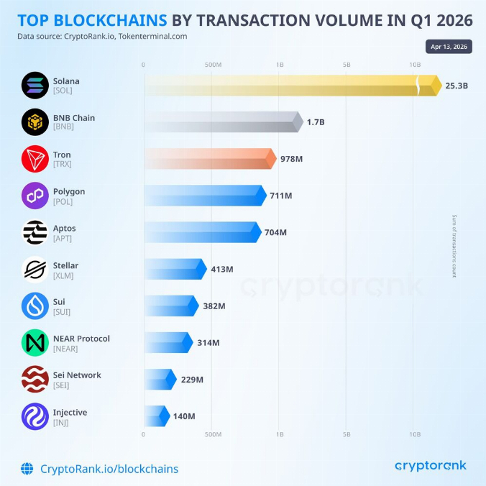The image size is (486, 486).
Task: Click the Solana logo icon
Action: tap(35, 86)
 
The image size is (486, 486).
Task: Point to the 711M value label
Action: tap(281, 196)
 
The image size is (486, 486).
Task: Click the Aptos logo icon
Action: tap(35, 233)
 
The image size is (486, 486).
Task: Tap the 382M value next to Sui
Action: tap(214, 306)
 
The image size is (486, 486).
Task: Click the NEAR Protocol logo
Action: tap(35, 343)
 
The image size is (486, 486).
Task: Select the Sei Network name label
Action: tap(77, 375)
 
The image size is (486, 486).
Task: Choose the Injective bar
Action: tap(155, 416)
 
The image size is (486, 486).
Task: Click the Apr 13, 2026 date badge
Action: tap(449, 47)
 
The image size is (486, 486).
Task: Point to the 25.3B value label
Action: tap(457, 86)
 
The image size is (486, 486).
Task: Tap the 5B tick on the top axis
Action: tap(347, 65)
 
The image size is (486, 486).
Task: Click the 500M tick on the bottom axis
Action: tap(214, 434)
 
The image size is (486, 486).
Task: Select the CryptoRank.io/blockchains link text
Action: tap(109, 469)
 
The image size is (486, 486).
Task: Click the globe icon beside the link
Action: tap(27, 469)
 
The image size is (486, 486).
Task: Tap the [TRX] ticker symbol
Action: tap(62, 165)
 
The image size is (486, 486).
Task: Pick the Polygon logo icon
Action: tap(35, 196)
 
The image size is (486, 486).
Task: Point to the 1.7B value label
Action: tap(316, 122)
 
